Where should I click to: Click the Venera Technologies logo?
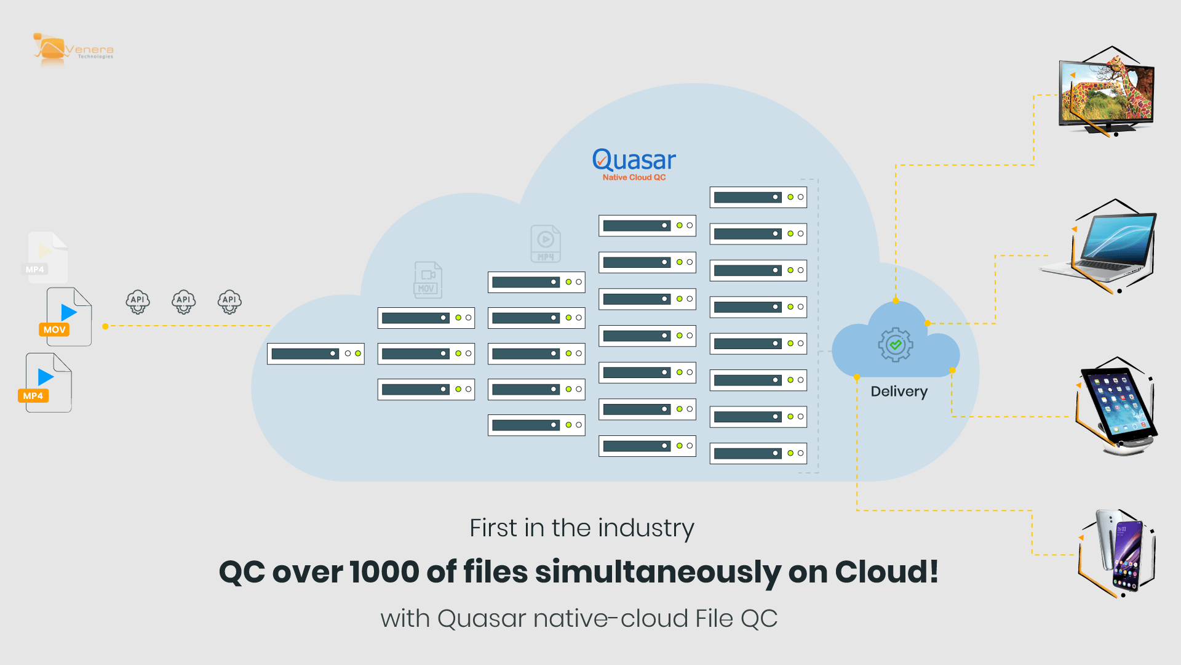pos(73,49)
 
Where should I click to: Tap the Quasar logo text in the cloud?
pos(634,160)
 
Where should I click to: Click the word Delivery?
pos(899,392)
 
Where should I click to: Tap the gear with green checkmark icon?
pos(896,345)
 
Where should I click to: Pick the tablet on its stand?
pos(1116,406)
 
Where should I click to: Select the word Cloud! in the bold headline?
pos(886,572)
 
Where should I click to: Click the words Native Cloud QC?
pos(634,177)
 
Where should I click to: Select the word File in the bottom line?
pos(714,618)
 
